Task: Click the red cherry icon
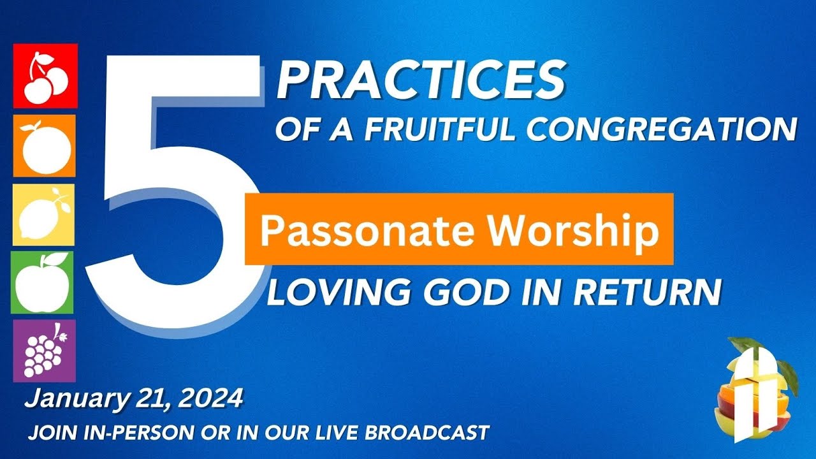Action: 45,76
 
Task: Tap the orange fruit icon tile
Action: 45,145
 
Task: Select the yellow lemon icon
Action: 44,215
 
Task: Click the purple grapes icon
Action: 44,351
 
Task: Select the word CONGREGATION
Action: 663,130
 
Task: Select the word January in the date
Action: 68,399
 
